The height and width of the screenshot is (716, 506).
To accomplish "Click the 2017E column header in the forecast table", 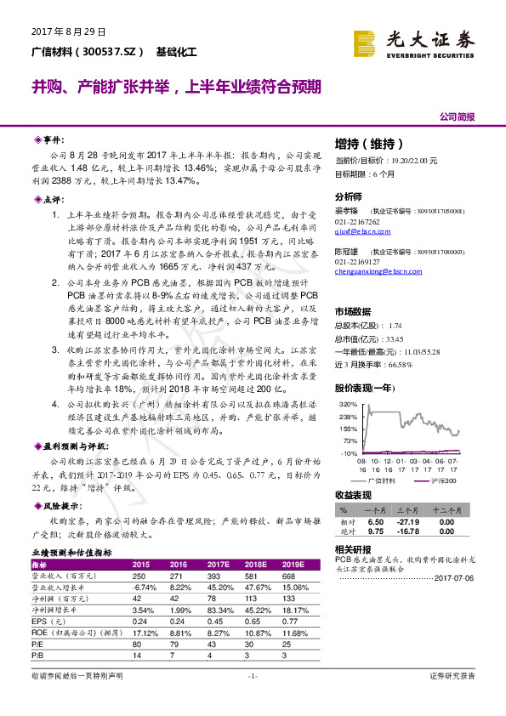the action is (219, 563).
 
